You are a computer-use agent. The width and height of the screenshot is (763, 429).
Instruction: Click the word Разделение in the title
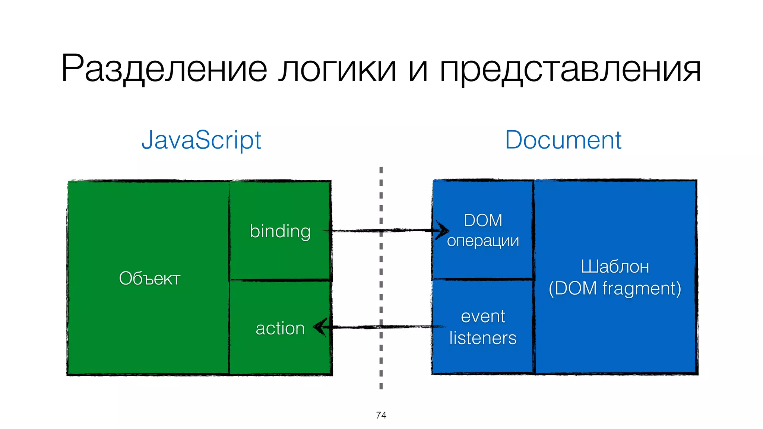pyautogui.click(x=164, y=69)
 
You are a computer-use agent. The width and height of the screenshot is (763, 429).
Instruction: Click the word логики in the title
pyautogui.click(x=338, y=69)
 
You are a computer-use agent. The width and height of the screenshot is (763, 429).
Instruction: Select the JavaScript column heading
pyautogui.click(x=201, y=140)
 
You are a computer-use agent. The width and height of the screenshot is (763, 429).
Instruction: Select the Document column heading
pyautogui.click(x=563, y=140)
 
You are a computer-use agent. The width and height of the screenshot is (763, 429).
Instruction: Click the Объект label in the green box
pyautogui.click(x=149, y=278)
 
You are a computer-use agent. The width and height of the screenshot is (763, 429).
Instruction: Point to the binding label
pyautogui.click(x=280, y=231)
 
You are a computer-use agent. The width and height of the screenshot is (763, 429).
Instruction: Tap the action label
pyautogui.click(x=280, y=328)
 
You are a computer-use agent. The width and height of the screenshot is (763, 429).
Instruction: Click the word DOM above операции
pyautogui.click(x=483, y=220)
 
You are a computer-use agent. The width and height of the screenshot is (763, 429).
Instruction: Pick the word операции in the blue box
pyautogui.click(x=483, y=241)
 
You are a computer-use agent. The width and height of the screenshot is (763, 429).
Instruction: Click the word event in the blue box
pyautogui.click(x=483, y=317)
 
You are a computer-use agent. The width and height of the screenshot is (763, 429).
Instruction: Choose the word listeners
pyautogui.click(x=483, y=338)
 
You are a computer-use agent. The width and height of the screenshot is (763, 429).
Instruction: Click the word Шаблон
pyautogui.click(x=615, y=267)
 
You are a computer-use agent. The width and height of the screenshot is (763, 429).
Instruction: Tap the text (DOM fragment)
pyautogui.click(x=615, y=288)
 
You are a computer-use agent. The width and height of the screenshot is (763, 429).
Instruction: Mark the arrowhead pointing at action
pyautogui.click(x=320, y=327)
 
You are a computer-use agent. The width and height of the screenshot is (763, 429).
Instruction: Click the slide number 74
pyautogui.click(x=381, y=415)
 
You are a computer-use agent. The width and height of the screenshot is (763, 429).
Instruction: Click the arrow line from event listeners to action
pyautogui.click(x=384, y=327)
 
